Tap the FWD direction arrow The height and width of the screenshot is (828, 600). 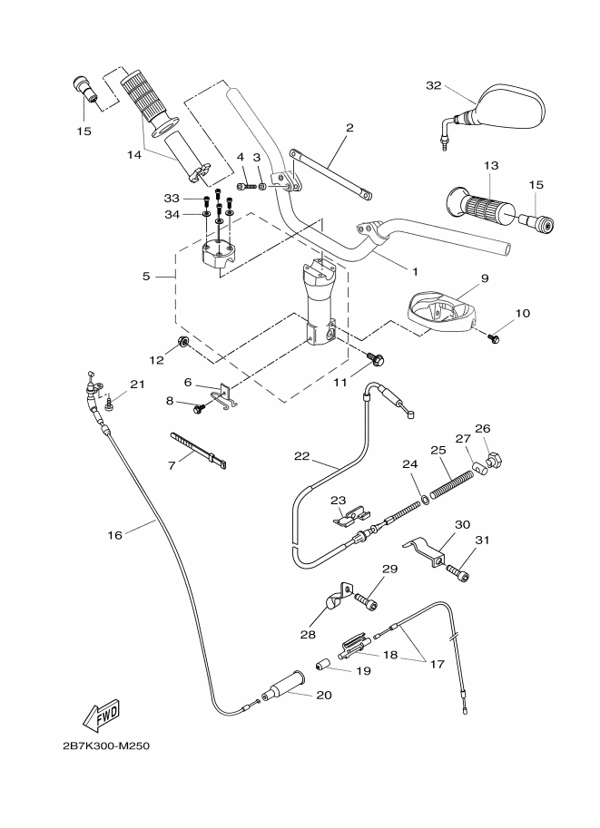point(103,715)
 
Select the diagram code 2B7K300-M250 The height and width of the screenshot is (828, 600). point(106,746)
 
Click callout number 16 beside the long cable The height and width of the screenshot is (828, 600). point(115,535)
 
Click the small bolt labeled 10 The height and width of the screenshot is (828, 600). point(494,338)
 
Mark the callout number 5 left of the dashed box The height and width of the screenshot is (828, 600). point(147,276)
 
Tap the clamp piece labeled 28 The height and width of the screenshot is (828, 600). point(334,600)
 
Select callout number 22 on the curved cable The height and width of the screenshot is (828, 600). point(301,455)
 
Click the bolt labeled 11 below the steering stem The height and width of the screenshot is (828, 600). point(374,362)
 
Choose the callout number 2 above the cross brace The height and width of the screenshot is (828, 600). point(349,128)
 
